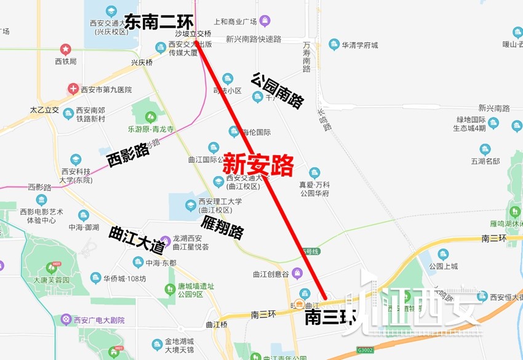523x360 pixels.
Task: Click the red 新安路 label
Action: pyautogui.click(x=258, y=164)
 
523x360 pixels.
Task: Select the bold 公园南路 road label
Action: pyautogui.click(x=277, y=90)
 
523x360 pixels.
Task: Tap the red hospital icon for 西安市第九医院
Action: pyautogui.click(x=73, y=89)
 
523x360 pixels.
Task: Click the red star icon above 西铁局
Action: pyautogui.click(x=65, y=49)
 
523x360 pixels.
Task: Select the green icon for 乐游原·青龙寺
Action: pyautogui.click(x=150, y=117)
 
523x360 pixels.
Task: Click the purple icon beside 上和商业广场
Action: pyautogui.click(x=265, y=22)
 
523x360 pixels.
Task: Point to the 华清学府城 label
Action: pyautogui.click(x=360, y=45)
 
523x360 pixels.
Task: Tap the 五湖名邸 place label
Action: pyautogui.click(x=485, y=162)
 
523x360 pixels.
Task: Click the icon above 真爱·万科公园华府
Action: pyautogui.click(x=314, y=173)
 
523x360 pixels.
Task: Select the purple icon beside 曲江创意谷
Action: pyautogui.click(x=297, y=273)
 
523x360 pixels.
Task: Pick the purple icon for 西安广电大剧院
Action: pyautogui.click(x=66, y=319)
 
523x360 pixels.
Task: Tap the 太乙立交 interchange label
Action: pyautogui.click(x=44, y=110)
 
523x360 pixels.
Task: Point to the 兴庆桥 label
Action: pyautogui.click(x=142, y=63)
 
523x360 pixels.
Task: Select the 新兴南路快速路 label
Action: pyautogui.click(x=253, y=39)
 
